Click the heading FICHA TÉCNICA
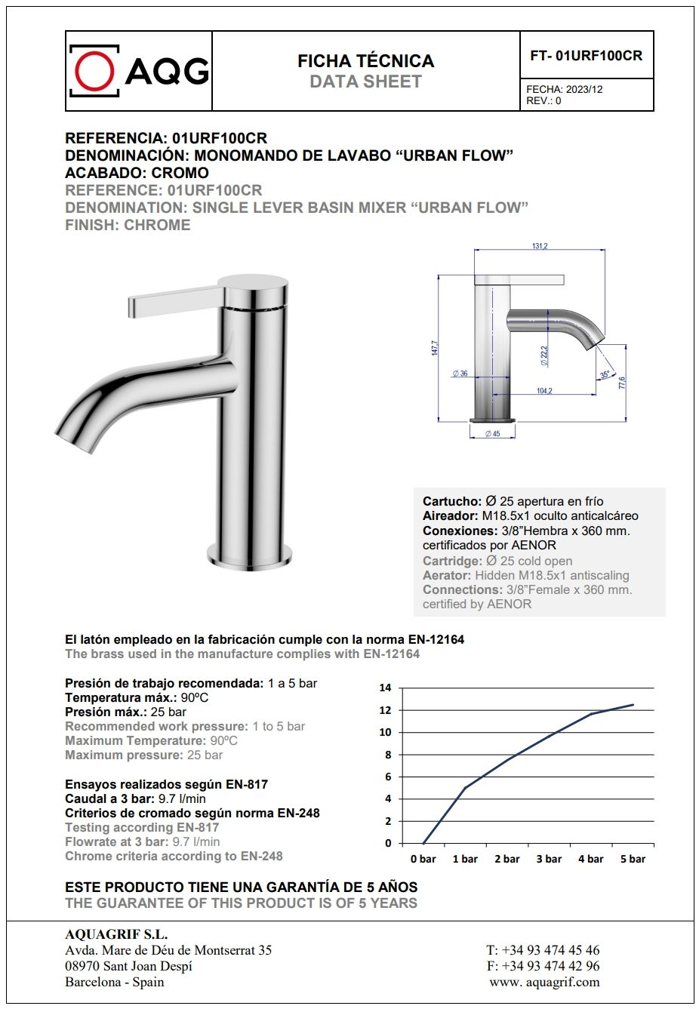(365, 61)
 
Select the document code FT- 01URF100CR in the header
(586, 55)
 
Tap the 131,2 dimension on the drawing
(540, 246)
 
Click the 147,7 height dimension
(435, 348)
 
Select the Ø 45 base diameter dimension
(492, 434)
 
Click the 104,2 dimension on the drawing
(544, 391)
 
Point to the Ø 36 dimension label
(460, 374)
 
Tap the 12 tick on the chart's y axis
(385, 710)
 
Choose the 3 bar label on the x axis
(549, 859)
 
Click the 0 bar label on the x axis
(423, 859)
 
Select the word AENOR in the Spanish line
(533, 545)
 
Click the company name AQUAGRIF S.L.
(116, 934)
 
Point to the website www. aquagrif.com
(543, 982)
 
